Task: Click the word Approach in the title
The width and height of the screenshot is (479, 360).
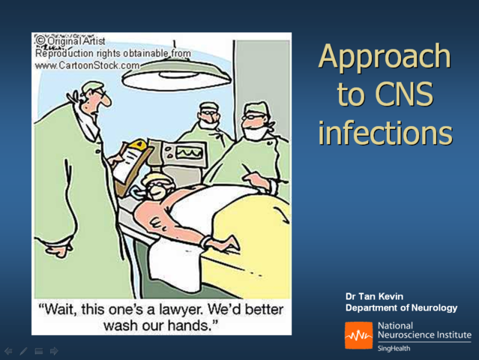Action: coord(385,58)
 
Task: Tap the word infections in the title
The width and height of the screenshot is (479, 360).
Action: coord(385,133)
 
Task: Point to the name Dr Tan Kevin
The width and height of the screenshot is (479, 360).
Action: coord(374,297)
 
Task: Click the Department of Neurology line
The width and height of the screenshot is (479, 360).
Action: coord(401,308)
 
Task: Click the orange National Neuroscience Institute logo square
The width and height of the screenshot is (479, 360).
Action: coord(358,335)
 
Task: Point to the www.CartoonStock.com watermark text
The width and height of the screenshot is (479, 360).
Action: coord(88,65)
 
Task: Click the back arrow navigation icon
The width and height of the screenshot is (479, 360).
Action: coord(8,350)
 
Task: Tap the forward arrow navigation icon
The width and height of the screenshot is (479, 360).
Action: coord(54,350)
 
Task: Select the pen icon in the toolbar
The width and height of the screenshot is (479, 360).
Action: coord(23,350)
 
